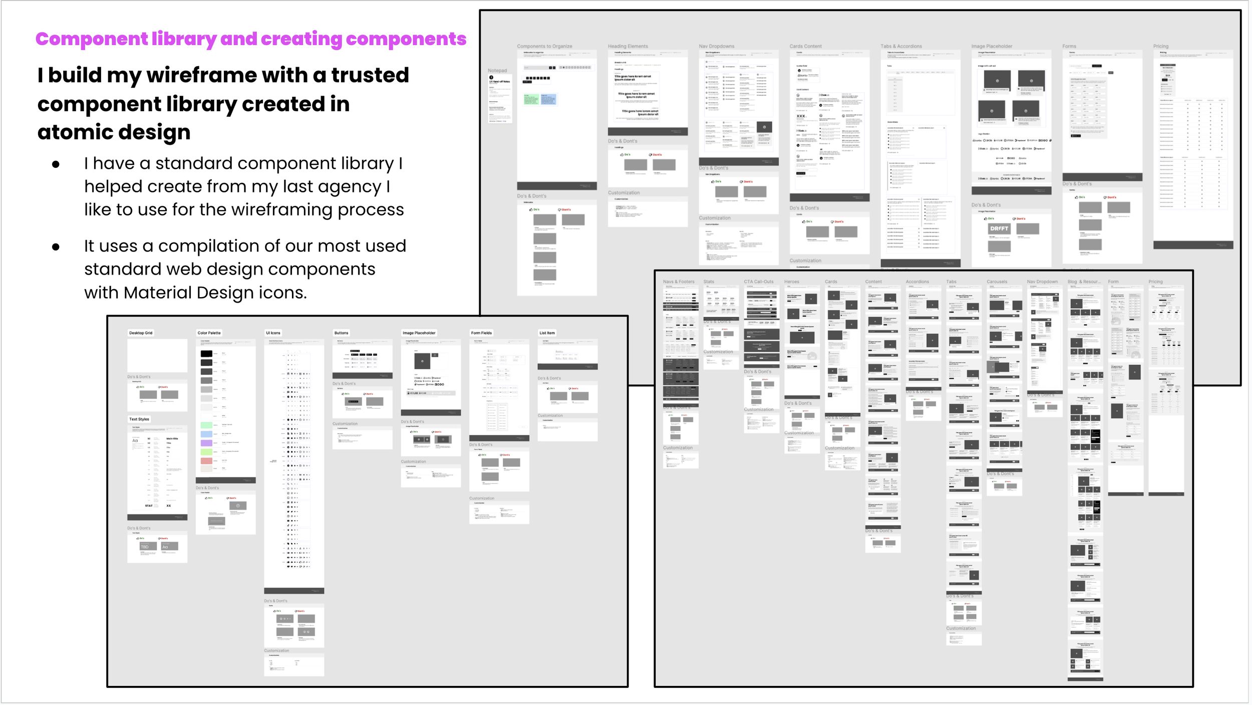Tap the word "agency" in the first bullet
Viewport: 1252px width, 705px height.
[350, 187]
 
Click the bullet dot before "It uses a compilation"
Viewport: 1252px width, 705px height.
[56, 247]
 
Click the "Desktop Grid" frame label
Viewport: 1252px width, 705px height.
[141, 333]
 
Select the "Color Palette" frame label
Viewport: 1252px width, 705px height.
[209, 333]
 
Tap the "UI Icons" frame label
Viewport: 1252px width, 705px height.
[273, 333]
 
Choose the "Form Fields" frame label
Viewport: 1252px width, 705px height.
[481, 333]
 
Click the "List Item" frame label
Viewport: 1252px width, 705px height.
[547, 333]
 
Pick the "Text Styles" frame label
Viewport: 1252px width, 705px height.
[139, 419]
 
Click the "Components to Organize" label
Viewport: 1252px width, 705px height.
[544, 47]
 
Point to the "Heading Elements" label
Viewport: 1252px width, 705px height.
[628, 47]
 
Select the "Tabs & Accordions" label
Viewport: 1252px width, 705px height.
[901, 47]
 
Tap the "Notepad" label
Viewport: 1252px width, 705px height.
[497, 71]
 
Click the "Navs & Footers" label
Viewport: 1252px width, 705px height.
[679, 282]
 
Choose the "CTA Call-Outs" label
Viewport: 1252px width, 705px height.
[759, 282]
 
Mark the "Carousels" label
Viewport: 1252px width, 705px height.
[997, 282]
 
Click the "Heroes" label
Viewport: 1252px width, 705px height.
[792, 282]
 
